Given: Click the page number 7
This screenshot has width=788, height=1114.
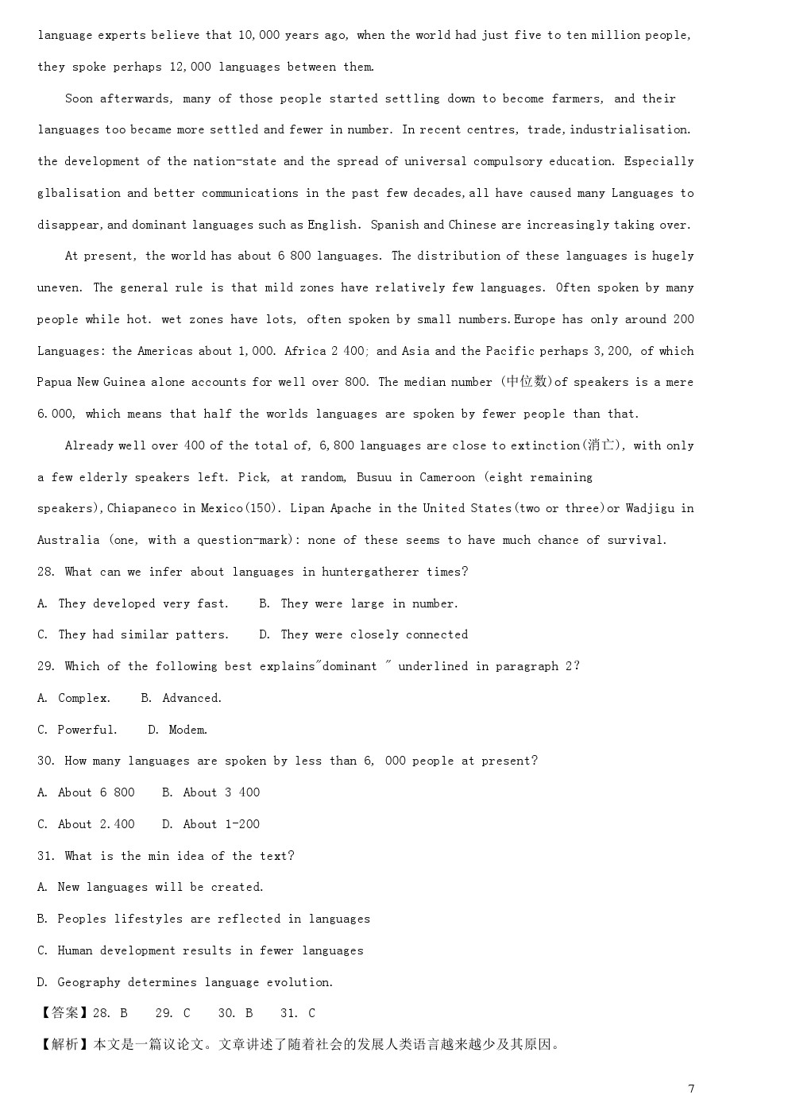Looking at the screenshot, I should click(x=691, y=1089).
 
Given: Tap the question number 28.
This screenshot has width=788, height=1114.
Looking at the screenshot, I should click(x=46, y=572).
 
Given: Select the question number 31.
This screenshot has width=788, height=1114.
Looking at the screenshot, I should click(x=46, y=856).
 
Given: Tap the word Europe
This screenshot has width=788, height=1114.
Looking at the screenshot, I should click(x=535, y=319).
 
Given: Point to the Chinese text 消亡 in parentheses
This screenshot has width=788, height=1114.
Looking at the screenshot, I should click(x=600, y=445).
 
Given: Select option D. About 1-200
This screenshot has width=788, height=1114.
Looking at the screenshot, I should click(x=211, y=824).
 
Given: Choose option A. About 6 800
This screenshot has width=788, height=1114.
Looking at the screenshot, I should click(x=86, y=792).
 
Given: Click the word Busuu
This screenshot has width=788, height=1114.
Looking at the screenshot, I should click(x=373, y=477).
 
